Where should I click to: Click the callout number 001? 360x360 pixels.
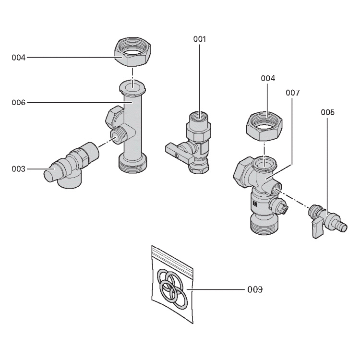(199, 39)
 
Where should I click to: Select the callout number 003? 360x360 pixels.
(18, 169)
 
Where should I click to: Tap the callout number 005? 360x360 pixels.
(328, 112)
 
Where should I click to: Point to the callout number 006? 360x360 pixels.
(18, 102)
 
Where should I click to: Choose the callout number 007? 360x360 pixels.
(292, 92)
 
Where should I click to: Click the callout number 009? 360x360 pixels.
(255, 289)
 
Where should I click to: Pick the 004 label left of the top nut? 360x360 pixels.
(18, 58)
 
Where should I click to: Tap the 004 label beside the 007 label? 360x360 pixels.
(267, 78)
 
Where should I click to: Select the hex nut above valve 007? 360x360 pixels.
(265, 125)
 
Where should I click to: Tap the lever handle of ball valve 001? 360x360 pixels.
(177, 154)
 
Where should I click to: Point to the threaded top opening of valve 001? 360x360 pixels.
(198, 116)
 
